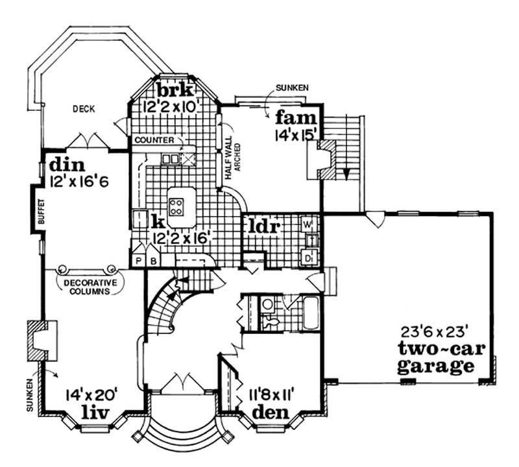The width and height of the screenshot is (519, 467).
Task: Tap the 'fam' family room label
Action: [x=295, y=118]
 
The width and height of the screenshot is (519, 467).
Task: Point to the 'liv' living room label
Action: [x=95, y=413]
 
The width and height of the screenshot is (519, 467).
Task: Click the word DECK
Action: [x=84, y=109]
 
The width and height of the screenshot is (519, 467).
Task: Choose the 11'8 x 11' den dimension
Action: [x=274, y=394]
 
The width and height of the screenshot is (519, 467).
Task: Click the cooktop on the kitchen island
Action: [x=176, y=206]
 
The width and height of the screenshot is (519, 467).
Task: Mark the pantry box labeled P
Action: [x=138, y=261]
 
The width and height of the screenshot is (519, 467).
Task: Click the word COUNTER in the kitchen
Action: [x=151, y=139]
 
